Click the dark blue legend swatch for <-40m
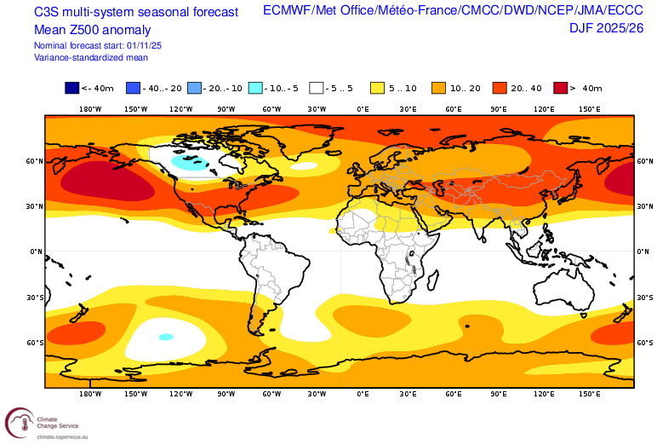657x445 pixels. click(x=71, y=88)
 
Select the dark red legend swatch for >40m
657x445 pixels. click(x=561, y=88)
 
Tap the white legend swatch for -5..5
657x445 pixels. click(x=317, y=88)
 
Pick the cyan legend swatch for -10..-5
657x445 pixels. click(x=254, y=88)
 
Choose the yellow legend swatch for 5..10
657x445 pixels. click(x=377, y=88)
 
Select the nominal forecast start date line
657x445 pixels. click(x=98, y=44)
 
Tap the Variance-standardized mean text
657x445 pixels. click(x=91, y=57)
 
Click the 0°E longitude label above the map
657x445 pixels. click(x=363, y=109)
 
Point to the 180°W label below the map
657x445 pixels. click(x=90, y=394)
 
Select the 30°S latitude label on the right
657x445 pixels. click(x=646, y=298)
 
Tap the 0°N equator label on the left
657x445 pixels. click(x=37, y=251)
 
